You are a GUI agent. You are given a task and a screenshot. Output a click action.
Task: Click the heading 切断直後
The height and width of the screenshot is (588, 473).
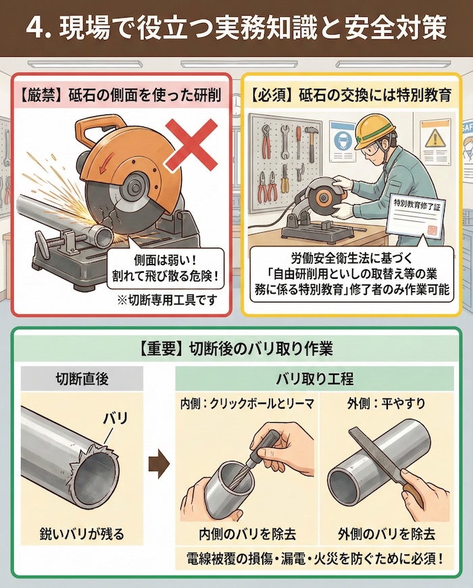click(x=81, y=378)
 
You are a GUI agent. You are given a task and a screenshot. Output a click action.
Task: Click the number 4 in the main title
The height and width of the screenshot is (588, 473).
click(x=35, y=29)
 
